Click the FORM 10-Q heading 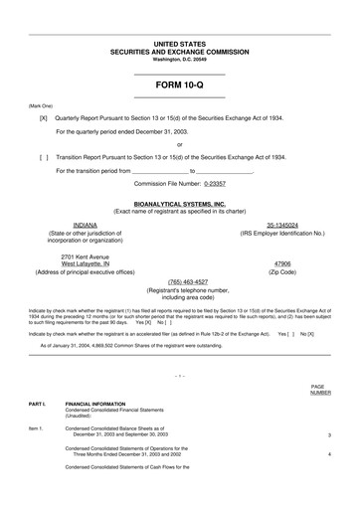pos(179,85)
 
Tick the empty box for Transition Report pos(43,157)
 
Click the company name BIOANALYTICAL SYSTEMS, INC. pos(179,204)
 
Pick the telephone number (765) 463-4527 pos(180,281)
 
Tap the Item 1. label pos(37,428)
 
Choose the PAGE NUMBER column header pos(319,390)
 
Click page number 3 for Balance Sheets pos(328,435)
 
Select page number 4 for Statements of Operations pos(328,453)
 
